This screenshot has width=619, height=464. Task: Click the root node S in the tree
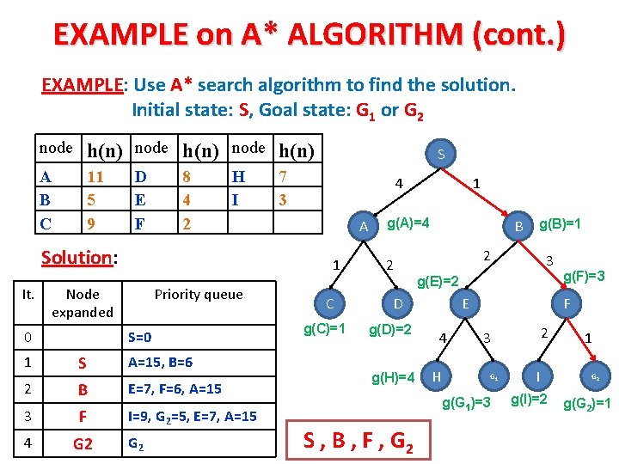(440, 155)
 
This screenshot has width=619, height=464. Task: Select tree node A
(364, 226)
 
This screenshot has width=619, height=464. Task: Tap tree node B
(518, 226)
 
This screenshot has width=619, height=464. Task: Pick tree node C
(329, 303)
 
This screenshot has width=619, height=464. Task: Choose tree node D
(398, 303)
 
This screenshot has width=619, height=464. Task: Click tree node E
(465, 303)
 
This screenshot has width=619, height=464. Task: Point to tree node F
(567, 303)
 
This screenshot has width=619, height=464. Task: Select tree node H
(438, 376)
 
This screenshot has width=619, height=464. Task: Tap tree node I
(537, 376)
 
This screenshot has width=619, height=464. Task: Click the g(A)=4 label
(408, 223)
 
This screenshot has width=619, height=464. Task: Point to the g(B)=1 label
(561, 224)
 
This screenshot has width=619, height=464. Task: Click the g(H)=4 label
(393, 377)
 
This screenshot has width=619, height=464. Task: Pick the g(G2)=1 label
(587, 403)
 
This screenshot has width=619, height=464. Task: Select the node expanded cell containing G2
(83, 444)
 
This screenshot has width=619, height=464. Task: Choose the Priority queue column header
(199, 294)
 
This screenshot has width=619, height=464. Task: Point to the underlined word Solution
(77, 257)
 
